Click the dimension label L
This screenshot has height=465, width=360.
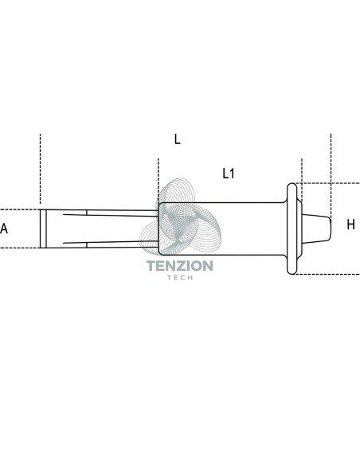click(x=177, y=139)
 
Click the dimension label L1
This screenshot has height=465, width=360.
click(x=229, y=174)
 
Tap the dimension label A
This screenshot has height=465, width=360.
click(x=4, y=229)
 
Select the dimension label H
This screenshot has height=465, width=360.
click(x=350, y=225)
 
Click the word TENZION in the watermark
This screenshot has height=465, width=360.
click(x=180, y=266)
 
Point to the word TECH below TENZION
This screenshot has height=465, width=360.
click(x=180, y=278)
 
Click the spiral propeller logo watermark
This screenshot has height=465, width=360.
click(x=180, y=217)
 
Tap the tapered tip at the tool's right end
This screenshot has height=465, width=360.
click(x=316, y=229)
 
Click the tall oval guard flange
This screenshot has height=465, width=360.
click(x=292, y=229)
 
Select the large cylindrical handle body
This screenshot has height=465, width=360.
click(x=221, y=229)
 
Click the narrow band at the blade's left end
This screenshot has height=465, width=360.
click(x=43, y=229)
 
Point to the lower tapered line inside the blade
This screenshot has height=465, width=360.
click(x=111, y=243)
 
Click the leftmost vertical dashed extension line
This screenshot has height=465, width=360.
click(x=40, y=169)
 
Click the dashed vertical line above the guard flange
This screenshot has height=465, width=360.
click(x=302, y=180)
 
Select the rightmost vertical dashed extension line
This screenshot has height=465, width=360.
click(x=331, y=175)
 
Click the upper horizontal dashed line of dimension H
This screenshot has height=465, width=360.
click(x=327, y=183)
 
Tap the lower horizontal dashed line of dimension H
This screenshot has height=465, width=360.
click(x=327, y=275)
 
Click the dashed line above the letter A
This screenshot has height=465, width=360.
click(x=20, y=209)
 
